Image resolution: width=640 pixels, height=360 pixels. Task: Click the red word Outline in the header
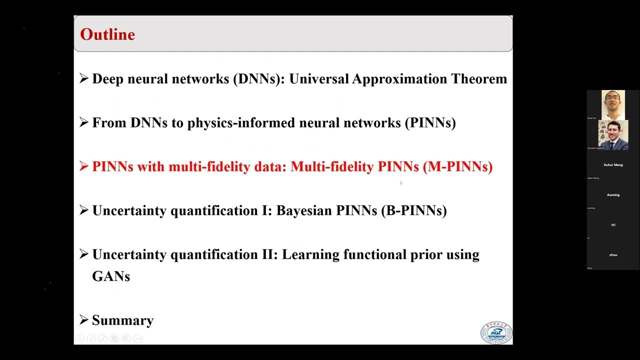pos(107,34)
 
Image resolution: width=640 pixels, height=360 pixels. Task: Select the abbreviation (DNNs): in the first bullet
pos(258,79)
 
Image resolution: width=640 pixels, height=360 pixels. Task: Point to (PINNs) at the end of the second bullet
pos(430,123)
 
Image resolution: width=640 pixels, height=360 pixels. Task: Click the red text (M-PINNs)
pos(457,167)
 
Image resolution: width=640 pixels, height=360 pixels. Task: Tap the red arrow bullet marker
pos(83,166)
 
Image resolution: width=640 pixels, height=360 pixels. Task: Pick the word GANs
pos(111,276)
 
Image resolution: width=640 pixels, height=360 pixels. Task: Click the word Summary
pos(122,320)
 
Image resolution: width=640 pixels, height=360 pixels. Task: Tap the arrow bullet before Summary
pos(83,320)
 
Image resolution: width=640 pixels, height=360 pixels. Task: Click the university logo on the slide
pos(496,333)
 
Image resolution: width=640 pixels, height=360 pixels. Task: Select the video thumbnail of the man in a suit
pos(613,135)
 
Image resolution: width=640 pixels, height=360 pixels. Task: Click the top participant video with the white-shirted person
pos(613,104)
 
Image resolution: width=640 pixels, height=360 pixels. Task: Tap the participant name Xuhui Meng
pos(613,165)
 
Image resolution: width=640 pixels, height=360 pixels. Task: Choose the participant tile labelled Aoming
pos(613,195)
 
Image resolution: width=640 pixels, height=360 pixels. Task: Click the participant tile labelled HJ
pos(613,225)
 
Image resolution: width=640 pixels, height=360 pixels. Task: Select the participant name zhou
pos(613,255)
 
